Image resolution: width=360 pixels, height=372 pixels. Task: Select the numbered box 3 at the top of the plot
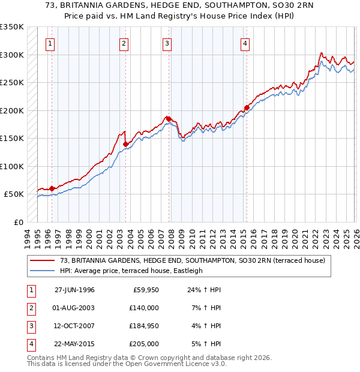167,43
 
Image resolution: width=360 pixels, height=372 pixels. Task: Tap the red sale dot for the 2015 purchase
247,109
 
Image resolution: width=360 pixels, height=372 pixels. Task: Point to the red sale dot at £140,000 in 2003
125,144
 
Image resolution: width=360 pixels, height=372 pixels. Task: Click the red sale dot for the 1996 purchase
52,188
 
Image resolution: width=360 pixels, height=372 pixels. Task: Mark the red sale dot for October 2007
169,119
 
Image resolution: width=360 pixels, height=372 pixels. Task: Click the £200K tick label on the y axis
12,110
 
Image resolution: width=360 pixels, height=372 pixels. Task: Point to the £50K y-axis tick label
14,194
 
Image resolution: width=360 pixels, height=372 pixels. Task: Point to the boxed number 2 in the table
29,308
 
